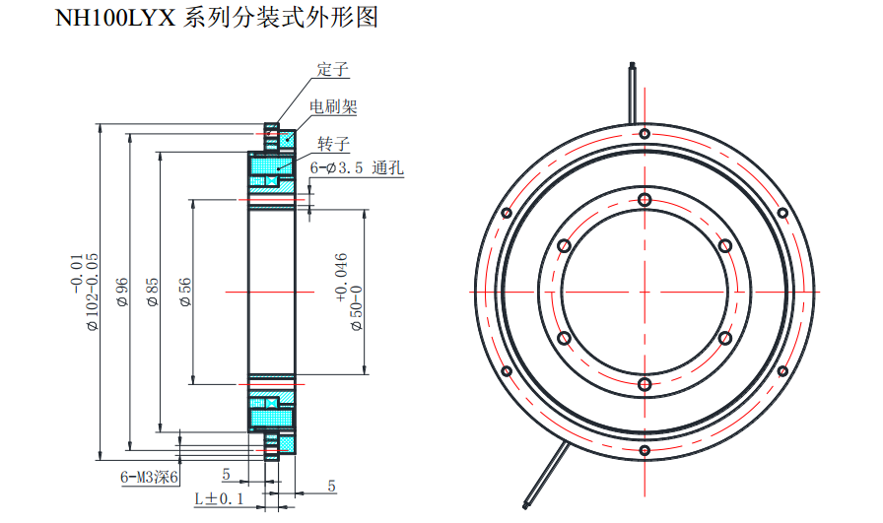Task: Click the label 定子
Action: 333,70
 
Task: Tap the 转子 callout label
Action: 333,144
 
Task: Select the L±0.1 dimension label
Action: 219,499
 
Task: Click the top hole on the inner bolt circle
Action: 644,200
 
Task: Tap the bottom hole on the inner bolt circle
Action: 644,384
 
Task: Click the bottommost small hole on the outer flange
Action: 644,451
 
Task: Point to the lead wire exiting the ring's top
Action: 631,89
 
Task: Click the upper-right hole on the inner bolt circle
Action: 724,245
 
